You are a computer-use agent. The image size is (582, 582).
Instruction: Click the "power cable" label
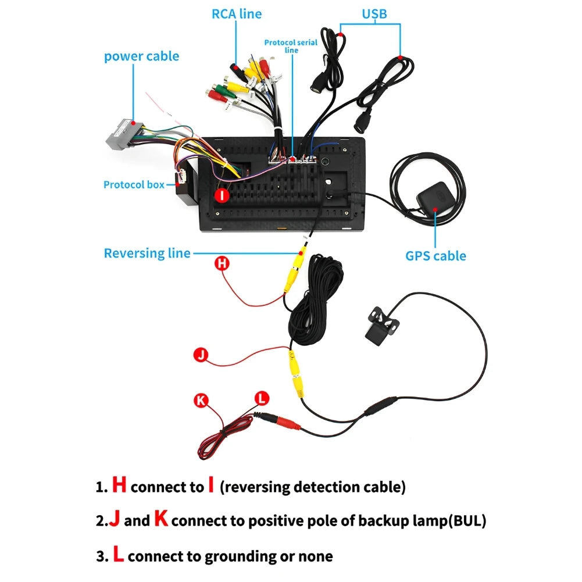coord(141,56)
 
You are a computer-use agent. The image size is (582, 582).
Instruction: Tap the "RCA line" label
coord(236,13)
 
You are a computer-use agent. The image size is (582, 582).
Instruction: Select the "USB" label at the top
coord(374,13)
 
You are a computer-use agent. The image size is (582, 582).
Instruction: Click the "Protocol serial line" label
coord(291,46)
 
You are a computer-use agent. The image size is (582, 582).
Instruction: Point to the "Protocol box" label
coord(134,184)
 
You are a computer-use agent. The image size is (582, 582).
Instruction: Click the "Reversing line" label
coord(147,253)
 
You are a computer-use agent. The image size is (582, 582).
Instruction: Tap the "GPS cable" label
coord(435,255)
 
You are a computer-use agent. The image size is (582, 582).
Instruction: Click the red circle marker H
coord(222,263)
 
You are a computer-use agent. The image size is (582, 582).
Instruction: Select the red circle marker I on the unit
coord(222,195)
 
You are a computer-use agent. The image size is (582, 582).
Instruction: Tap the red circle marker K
coord(201,400)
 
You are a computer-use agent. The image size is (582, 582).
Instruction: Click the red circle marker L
coord(262,398)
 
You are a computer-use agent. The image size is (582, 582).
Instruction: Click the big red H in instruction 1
coord(119,485)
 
